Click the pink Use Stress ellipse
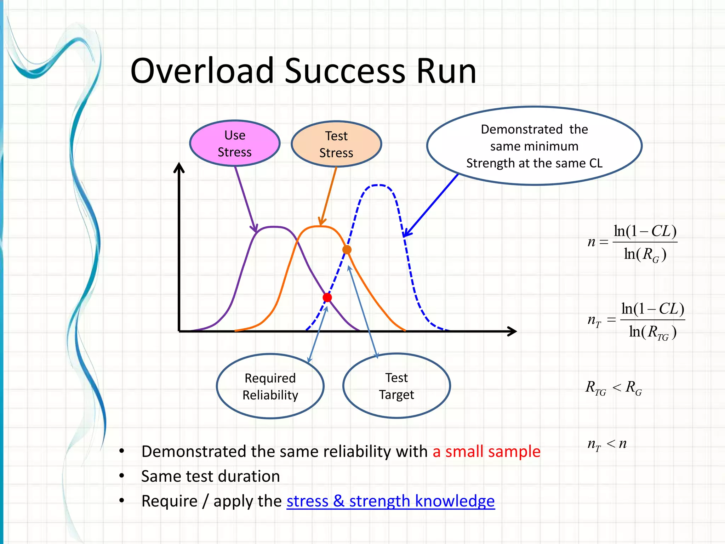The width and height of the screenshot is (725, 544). [235, 143]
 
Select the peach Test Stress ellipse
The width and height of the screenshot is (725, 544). [336, 144]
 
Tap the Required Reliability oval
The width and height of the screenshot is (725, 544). [270, 386]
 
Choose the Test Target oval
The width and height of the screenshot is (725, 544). [396, 386]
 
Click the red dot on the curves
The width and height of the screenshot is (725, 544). [327, 297]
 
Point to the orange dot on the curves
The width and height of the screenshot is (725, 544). [347, 250]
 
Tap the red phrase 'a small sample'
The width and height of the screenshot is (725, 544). [486, 452]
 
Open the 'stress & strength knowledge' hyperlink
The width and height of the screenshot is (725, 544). [390, 501]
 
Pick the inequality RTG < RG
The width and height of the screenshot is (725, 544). [613, 387]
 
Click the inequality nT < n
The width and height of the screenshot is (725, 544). [607, 444]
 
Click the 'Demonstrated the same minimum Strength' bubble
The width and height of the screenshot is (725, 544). [534, 146]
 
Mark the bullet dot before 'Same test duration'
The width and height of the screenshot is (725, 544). [122, 476]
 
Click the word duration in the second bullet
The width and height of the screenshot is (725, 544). [249, 476]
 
